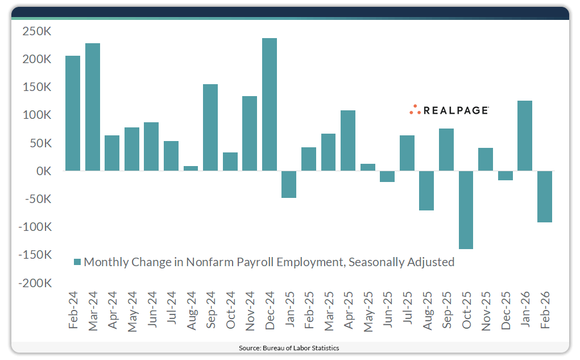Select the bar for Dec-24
point(269,105)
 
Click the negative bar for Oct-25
point(466,210)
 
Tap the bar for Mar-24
point(93,107)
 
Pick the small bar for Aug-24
point(190,168)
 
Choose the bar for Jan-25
point(289,184)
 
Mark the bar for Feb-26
point(544,196)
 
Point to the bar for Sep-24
point(210,127)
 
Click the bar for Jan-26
point(525,135)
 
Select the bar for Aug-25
point(426,191)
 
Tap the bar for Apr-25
point(348,140)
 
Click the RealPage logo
point(449,110)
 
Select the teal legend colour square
point(78,262)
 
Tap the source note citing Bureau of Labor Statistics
point(290,347)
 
